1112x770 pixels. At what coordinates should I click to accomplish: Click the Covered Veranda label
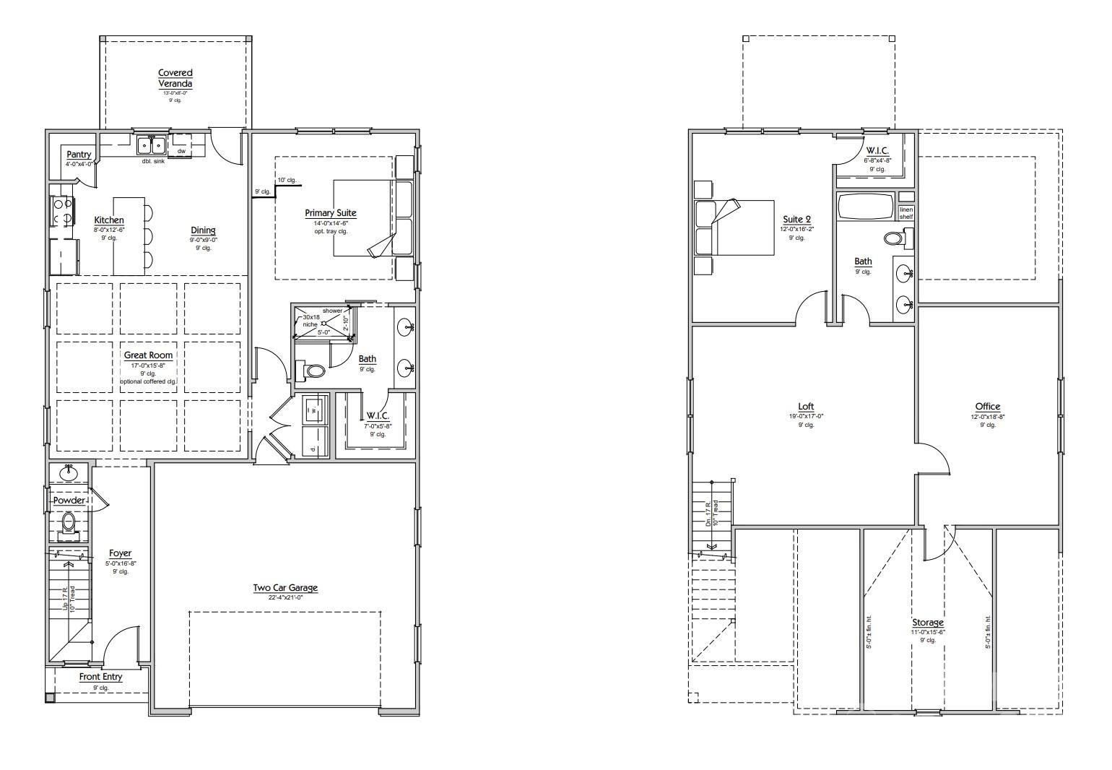(175, 78)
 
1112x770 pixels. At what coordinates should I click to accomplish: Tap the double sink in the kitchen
(152, 145)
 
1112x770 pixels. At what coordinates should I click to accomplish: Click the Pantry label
(79, 155)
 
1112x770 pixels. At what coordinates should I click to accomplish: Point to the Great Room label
(148, 355)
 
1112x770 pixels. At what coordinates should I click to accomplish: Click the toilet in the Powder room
(69, 522)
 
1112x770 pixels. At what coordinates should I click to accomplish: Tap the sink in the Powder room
(69, 473)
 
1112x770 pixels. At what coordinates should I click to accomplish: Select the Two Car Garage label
(285, 587)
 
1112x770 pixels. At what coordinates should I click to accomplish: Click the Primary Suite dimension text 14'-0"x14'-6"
(331, 223)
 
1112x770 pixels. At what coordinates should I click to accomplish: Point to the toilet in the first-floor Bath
(314, 371)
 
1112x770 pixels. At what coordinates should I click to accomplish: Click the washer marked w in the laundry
(313, 410)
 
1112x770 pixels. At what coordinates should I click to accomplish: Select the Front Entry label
(100, 677)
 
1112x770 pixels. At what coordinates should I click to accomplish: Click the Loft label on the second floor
(806, 407)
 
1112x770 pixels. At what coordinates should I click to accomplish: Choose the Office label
(987, 407)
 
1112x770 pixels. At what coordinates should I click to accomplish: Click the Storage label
(927, 623)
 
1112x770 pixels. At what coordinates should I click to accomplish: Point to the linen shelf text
(905, 213)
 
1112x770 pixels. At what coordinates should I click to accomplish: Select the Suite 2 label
(796, 220)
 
